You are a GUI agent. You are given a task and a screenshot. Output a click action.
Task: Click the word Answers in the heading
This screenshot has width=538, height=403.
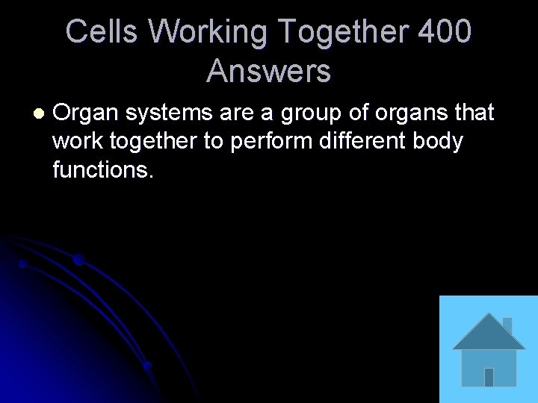[269, 72]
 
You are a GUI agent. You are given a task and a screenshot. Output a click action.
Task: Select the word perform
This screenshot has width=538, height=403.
[267, 141]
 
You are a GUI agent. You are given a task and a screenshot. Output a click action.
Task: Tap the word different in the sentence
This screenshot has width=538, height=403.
[362, 141]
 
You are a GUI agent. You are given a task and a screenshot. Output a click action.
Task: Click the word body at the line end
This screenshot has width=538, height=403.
[441, 141]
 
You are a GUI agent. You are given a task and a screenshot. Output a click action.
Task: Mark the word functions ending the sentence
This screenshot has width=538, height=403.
[102, 169]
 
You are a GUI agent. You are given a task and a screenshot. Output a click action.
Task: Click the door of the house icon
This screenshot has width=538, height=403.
[489, 377]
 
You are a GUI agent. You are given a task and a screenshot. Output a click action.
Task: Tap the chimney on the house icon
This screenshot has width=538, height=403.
[507, 325]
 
